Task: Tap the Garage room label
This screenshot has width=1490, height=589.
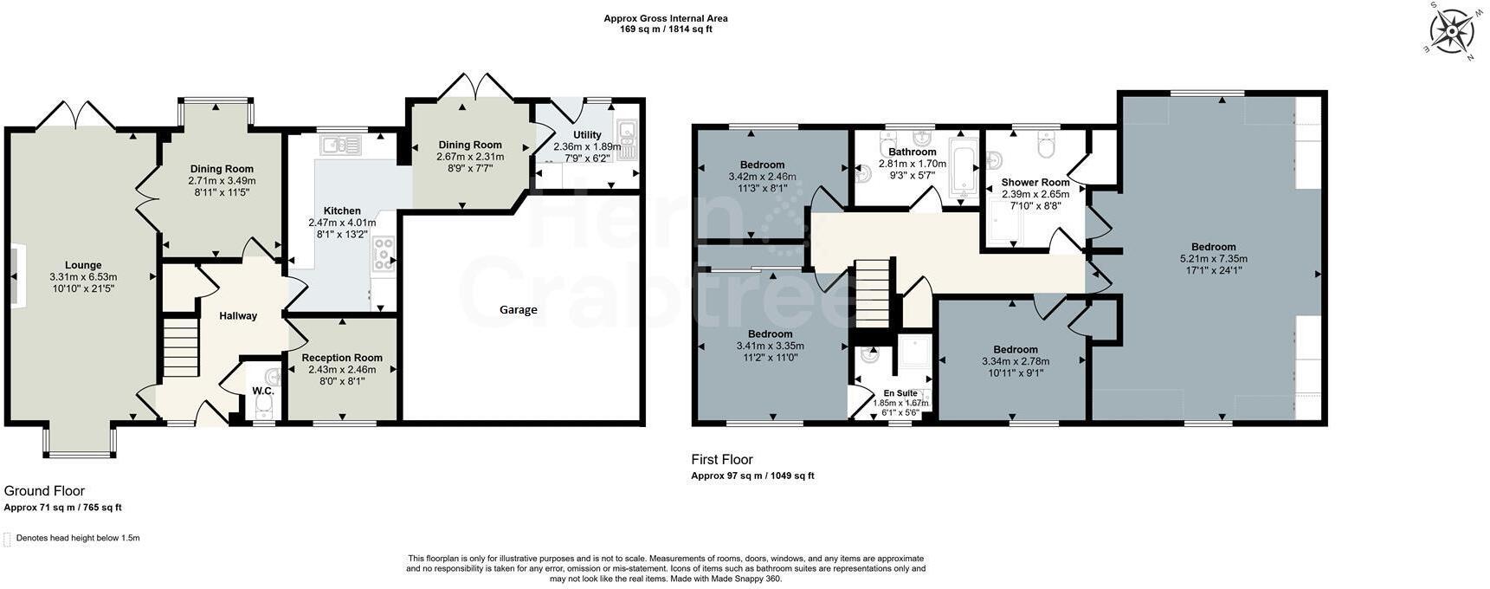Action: click(518, 309)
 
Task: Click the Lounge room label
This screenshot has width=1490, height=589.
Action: click(83, 265)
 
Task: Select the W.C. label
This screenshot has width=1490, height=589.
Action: click(263, 391)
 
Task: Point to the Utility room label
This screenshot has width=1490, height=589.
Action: click(587, 134)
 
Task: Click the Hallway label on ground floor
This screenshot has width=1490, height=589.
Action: click(238, 315)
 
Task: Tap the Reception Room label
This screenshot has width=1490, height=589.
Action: click(342, 357)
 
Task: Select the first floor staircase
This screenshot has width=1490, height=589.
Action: click(874, 291)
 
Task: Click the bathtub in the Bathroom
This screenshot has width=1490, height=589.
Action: click(963, 166)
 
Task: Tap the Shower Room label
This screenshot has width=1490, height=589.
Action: click(1035, 182)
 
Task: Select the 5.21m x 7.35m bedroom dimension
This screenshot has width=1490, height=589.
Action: click(1213, 258)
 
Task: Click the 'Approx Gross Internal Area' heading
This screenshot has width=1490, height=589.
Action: click(666, 18)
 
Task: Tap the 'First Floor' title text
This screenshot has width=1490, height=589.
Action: click(722, 459)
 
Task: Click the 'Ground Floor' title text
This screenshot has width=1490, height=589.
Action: click(44, 491)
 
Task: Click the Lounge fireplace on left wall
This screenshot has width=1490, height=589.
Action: click(17, 275)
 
